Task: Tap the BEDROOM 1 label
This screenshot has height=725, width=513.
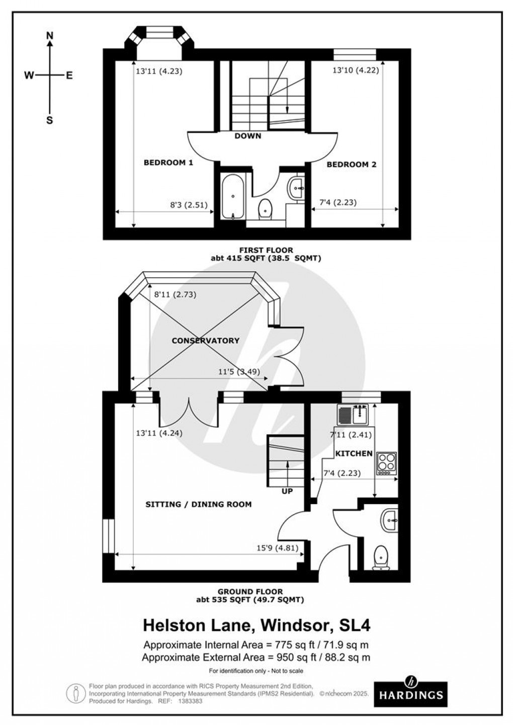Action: point(168,163)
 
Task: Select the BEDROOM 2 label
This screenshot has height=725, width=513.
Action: point(351,164)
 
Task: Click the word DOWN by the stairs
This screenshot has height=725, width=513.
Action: point(247,136)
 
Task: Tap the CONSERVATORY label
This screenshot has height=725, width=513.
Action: point(205,341)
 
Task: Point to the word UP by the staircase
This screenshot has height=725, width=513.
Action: point(287,491)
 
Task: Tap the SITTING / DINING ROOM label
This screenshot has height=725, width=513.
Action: point(198,504)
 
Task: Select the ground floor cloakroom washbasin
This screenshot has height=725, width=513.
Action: point(389,520)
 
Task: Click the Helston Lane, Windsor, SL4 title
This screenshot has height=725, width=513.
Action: point(256,625)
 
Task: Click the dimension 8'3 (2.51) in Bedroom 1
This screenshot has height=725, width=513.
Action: point(189,205)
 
